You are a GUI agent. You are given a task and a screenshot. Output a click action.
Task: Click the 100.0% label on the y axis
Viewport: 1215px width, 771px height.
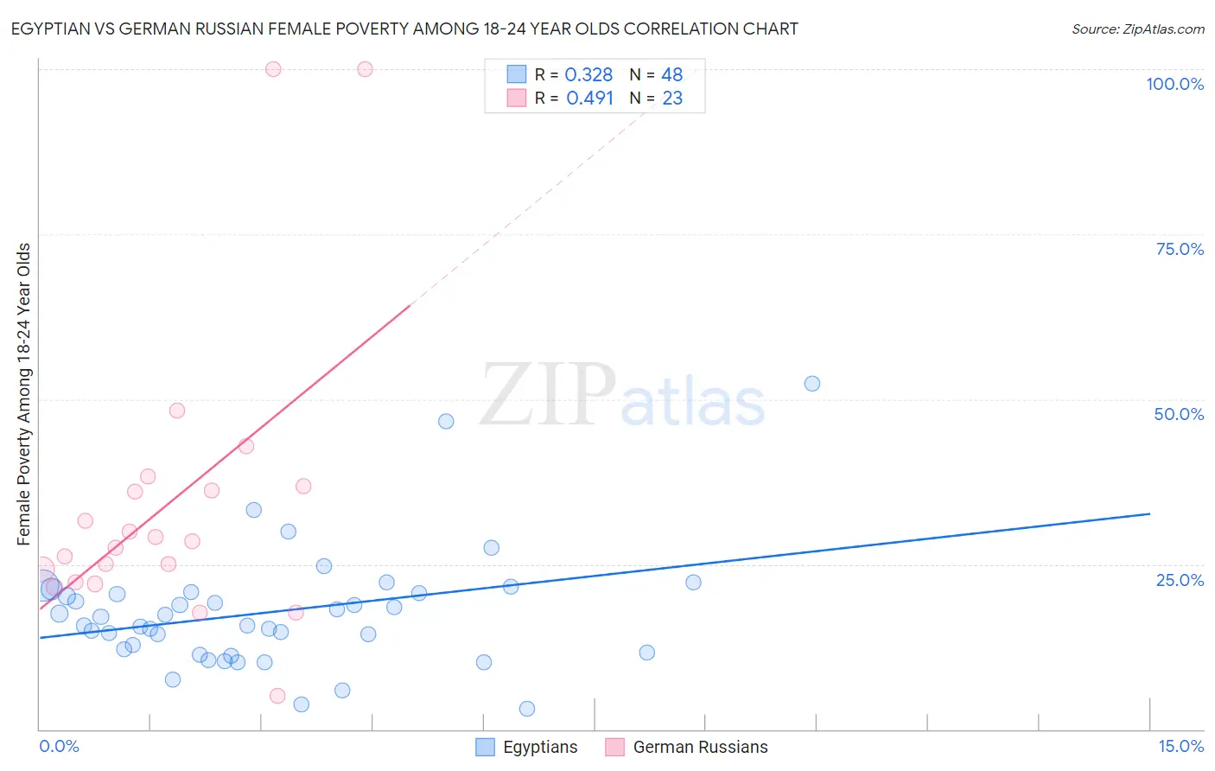(1174, 84)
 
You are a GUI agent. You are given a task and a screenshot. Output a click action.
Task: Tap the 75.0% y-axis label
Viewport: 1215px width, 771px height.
(1180, 249)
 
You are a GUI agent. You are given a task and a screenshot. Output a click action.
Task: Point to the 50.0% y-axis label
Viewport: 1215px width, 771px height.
(1179, 414)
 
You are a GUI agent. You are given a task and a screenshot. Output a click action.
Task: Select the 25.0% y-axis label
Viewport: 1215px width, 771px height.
(1180, 580)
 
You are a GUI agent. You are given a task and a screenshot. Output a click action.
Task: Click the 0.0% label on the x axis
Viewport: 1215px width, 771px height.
(59, 746)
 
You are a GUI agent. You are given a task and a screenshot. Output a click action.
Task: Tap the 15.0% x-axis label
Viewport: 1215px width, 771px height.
(1180, 746)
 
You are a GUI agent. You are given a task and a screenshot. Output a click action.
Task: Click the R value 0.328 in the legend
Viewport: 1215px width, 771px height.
(588, 75)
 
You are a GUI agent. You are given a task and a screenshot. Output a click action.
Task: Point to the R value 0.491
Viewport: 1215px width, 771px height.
(589, 99)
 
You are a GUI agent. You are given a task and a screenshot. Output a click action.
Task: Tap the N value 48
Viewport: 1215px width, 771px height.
(671, 75)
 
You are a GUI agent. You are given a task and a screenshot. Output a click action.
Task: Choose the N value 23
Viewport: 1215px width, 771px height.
(672, 99)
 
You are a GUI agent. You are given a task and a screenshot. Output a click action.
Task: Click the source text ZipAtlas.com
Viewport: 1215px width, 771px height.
(1137, 29)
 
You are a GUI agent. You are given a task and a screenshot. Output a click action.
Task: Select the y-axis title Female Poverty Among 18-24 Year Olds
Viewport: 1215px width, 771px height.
(24, 394)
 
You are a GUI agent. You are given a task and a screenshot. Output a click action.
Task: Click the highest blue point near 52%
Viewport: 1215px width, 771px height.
(812, 384)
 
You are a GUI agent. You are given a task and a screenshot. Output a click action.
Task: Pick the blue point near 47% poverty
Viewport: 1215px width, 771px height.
(446, 421)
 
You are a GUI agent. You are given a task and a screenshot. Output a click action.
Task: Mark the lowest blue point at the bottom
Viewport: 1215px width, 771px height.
(527, 709)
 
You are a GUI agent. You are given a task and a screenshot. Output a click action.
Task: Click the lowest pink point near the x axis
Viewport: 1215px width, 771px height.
(277, 696)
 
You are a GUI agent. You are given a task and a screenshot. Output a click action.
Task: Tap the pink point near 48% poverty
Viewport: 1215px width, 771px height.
(177, 411)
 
